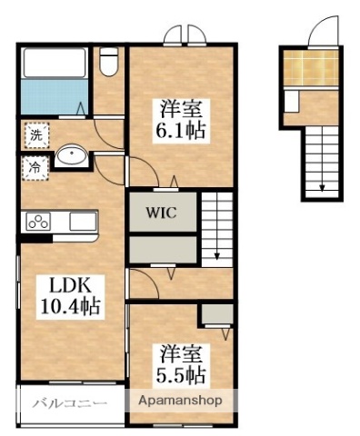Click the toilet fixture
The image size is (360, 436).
(x=108, y=63)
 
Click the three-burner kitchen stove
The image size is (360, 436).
(x=40, y=221)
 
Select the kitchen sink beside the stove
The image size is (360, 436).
(x=81, y=221)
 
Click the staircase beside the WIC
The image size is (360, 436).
(x=216, y=228)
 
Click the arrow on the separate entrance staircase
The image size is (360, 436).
(x=321, y=186)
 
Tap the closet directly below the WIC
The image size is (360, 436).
(x=162, y=249)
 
